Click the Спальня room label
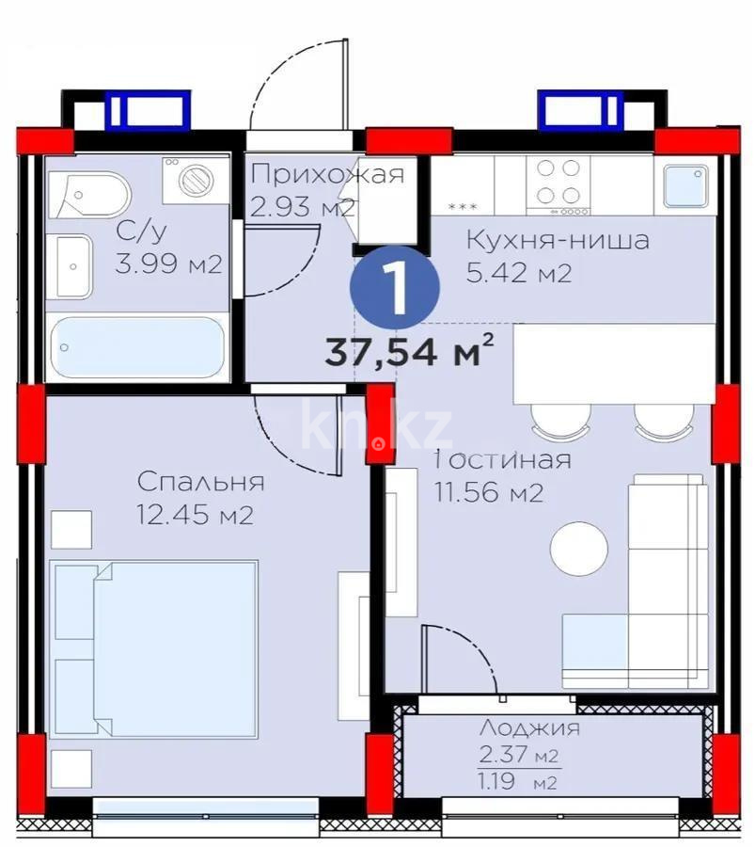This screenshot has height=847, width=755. click(x=200, y=483)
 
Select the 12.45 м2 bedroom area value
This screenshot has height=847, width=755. click(x=195, y=516)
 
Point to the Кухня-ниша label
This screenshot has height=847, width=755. click(x=558, y=240)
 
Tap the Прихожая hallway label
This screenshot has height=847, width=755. click(x=328, y=174)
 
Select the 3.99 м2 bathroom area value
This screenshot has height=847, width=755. click(x=168, y=264)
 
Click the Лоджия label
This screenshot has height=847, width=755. click(x=529, y=727)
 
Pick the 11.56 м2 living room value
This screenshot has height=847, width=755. click(x=488, y=492)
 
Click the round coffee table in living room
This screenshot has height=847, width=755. click(x=578, y=549)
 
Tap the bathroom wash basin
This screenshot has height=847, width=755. click(x=72, y=265)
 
